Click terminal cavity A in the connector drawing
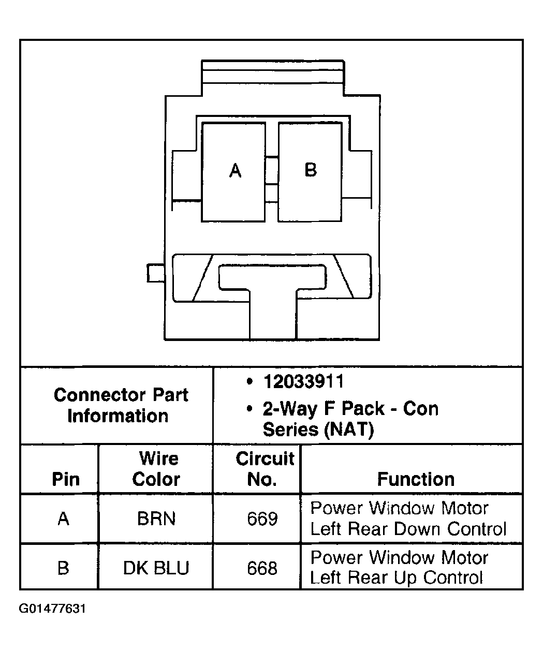pyautogui.click(x=233, y=172)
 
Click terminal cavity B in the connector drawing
pyautogui.click(x=310, y=172)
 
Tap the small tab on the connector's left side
pyautogui.click(x=155, y=273)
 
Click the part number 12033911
pyautogui.click(x=303, y=382)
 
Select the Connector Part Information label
pyautogui.click(x=120, y=405)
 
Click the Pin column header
pyautogui.click(x=66, y=479)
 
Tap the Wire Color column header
pyautogui.click(x=156, y=469)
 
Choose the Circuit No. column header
pyautogui.click(x=264, y=469)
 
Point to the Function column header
pyautogui.click(x=416, y=479)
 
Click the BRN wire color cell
pyautogui.click(x=156, y=518)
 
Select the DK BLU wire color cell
pyautogui.click(x=156, y=568)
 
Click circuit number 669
pyautogui.click(x=262, y=518)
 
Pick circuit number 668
pyautogui.click(x=262, y=568)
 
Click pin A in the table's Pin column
pyautogui.click(x=63, y=518)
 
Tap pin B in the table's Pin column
pyautogui.click(x=63, y=568)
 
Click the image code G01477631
pyautogui.click(x=52, y=609)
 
